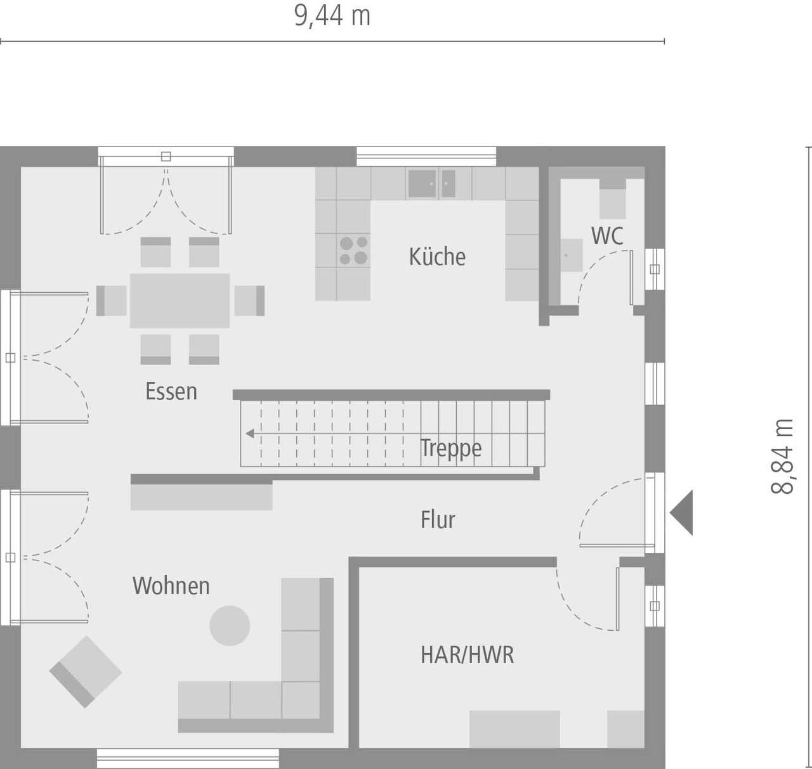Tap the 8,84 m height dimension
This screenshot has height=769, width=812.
click(x=783, y=456)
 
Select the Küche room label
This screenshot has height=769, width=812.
click(x=437, y=257)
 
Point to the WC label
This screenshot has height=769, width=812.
click(x=607, y=236)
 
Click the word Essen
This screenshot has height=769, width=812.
click(x=171, y=391)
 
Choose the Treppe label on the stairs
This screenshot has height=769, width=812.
click(x=451, y=448)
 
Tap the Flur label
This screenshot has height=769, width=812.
click(x=438, y=520)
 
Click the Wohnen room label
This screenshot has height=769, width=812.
click(x=171, y=586)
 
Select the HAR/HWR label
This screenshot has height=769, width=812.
click(x=467, y=655)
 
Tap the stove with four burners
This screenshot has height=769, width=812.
click(x=353, y=250)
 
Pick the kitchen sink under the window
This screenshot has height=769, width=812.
click(x=431, y=183)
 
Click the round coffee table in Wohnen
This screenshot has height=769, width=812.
click(x=230, y=626)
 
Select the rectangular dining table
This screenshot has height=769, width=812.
click(x=180, y=300)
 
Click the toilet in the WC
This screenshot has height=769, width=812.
click(x=613, y=199)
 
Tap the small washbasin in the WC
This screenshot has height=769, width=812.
click(x=570, y=255)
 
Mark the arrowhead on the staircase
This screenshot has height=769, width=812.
click(x=250, y=434)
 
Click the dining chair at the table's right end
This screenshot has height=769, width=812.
click(x=249, y=300)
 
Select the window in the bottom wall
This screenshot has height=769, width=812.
click(x=188, y=759)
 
